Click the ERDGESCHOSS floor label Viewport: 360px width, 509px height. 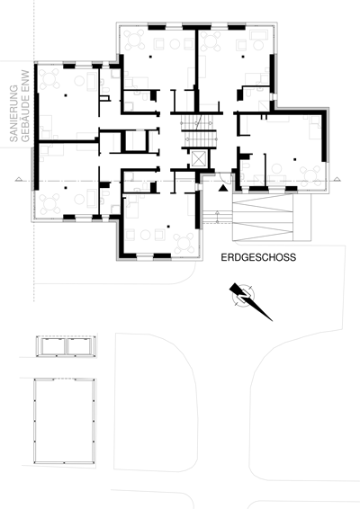[258, 257]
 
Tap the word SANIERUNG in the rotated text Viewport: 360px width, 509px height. [13, 113]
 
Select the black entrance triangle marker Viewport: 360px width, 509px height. [222, 188]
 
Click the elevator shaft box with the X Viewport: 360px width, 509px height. [197, 159]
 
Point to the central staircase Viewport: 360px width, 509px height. [199, 130]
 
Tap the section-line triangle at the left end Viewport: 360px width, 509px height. [19, 179]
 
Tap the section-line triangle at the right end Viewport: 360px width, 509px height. [337, 179]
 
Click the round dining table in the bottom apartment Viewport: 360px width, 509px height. [184, 243]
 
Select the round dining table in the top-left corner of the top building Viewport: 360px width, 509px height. [134, 40]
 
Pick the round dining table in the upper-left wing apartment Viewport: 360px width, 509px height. [49, 78]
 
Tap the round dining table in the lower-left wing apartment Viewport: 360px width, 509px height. [49, 203]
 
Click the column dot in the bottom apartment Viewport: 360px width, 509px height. [168, 227]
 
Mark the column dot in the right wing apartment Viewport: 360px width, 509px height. [294, 159]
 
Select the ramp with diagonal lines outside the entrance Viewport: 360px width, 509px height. [263, 218]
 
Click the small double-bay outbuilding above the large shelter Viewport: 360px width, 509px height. [67, 346]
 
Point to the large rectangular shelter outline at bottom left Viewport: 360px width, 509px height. [65, 421]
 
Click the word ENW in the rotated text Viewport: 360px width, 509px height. [25, 80]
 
